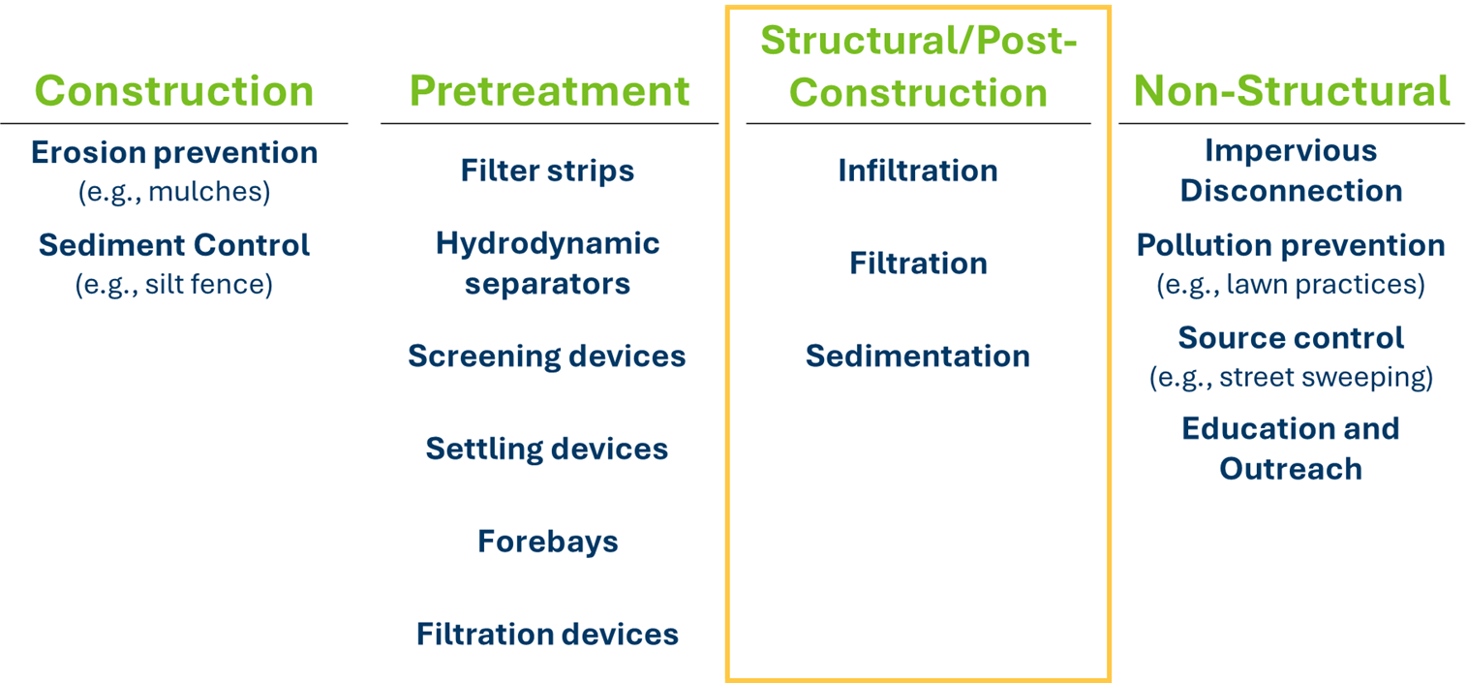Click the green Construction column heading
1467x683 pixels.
(174, 90)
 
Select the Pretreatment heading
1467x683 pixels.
(549, 90)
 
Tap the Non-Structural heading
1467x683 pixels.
(1292, 90)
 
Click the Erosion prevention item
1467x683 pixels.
(174, 153)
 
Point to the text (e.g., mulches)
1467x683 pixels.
(174, 192)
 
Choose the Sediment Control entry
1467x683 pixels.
(174, 245)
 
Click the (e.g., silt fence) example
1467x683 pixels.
(174, 285)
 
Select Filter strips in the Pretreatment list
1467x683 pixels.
(547, 171)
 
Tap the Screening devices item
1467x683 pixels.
(547, 356)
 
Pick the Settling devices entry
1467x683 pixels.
(547, 449)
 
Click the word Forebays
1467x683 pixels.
(547, 542)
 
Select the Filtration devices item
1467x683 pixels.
(547, 634)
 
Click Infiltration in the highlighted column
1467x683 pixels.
(918, 171)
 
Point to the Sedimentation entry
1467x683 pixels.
(918, 356)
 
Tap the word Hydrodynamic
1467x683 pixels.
(547, 244)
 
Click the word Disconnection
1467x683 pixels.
(1292, 191)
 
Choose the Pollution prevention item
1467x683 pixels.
(1291, 245)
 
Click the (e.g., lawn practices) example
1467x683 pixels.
(1291, 285)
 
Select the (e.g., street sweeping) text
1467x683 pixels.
(1292, 377)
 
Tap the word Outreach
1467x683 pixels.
(1291, 469)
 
